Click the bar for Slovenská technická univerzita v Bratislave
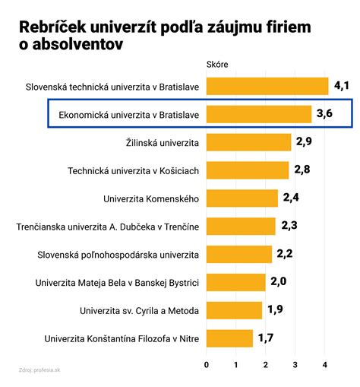[x=267, y=86]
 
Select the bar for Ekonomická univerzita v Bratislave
[x=259, y=114]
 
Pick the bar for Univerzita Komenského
[x=242, y=198]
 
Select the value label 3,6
[x=324, y=114]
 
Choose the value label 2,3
[x=289, y=226]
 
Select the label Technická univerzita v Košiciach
[x=134, y=170]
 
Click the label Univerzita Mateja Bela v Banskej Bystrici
[x=117, y=283]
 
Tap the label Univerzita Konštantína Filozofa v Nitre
[x=122, y=338]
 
